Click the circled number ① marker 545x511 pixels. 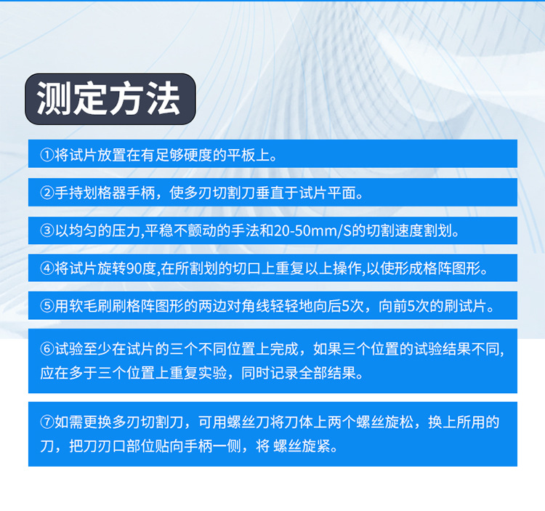point(47,155)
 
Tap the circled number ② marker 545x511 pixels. point(47,193)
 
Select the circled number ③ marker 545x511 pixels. point(47,231)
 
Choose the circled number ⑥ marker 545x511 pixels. point(47,347)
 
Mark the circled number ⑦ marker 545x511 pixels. point(47,422)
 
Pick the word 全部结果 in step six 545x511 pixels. point(331,374)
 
